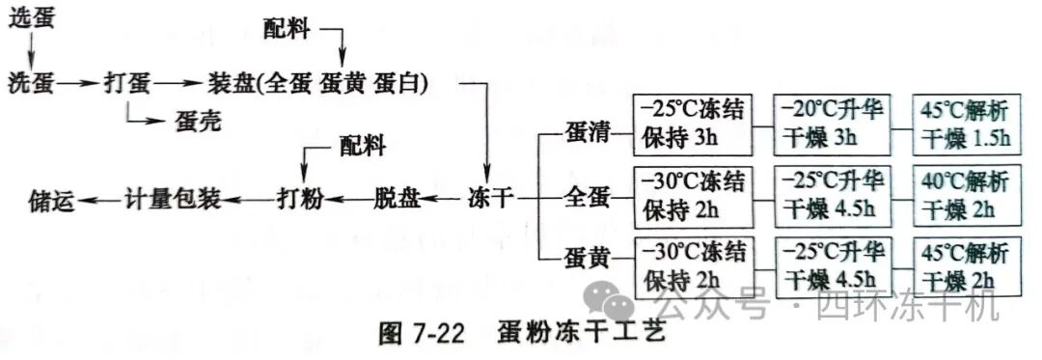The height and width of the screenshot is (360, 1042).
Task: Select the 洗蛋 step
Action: [30, 83]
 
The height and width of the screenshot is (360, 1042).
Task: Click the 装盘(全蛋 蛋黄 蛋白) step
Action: [319, 83]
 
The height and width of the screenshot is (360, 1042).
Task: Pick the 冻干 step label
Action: [491, 200]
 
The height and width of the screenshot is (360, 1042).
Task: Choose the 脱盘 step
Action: [397, 200]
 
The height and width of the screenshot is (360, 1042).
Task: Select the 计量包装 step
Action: [174, 200]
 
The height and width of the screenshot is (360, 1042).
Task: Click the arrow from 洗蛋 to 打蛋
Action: [79, 84]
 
